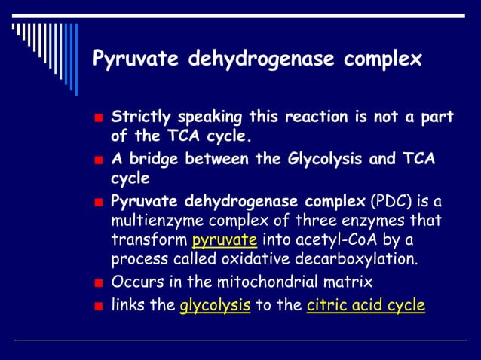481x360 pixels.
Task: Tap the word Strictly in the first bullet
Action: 139,117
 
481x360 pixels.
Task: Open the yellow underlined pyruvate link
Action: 225,241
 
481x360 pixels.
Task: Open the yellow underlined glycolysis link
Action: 215,306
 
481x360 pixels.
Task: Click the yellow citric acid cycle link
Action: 366,306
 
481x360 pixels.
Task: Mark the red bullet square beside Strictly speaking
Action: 98,119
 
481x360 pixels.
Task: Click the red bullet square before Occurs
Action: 98,285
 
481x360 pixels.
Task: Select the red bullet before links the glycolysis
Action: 98,307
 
